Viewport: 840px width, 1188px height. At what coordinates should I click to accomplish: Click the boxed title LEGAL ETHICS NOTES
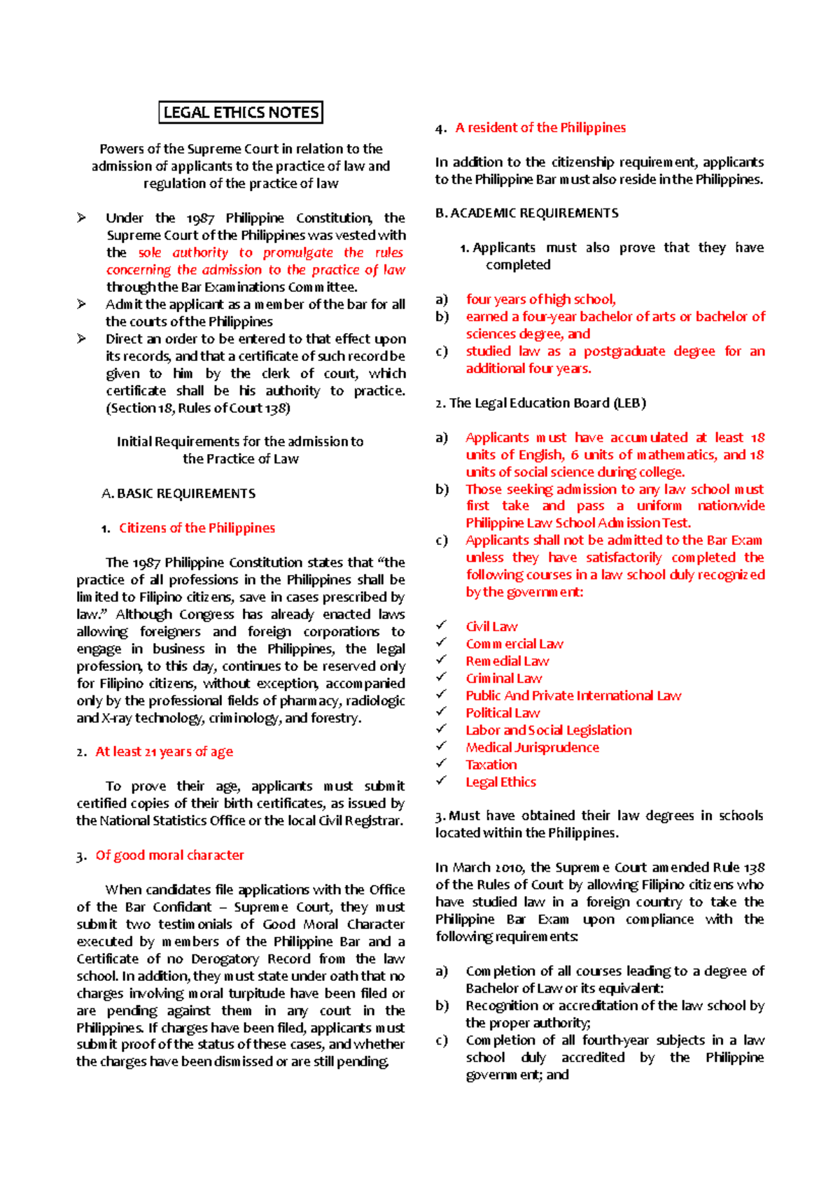tap(241, 113)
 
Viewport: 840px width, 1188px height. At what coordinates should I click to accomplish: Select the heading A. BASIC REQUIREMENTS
tap(178, 494)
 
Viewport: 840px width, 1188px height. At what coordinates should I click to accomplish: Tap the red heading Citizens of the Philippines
tap(197, 528)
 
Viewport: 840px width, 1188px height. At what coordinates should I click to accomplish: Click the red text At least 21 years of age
tap(164, 752)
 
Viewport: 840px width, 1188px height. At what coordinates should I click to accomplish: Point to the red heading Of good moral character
tap(169, 856)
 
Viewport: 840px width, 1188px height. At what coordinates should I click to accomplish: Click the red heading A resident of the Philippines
tap(540, 128)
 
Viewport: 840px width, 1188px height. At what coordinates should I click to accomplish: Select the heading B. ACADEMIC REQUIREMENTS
tap(526, 213)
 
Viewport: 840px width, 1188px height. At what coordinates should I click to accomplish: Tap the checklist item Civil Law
tap(491, 627)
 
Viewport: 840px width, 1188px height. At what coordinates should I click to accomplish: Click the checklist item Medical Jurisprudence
tap(532, 748)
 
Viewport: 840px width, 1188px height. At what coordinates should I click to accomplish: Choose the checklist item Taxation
tap(491, 765)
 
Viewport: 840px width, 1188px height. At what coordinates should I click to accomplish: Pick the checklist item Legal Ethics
tap(500, 783)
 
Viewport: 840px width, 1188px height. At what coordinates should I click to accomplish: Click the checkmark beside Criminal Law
tap(441, 677)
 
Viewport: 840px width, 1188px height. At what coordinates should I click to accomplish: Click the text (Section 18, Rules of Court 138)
tap(197, 409)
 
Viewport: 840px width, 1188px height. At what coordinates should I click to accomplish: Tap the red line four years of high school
tap(540, 299)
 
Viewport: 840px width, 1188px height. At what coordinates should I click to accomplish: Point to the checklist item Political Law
tap(503, 714)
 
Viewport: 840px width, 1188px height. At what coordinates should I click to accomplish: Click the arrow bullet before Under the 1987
tap(82, 218)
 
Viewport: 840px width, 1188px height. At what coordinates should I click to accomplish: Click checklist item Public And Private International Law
tap(573, 696)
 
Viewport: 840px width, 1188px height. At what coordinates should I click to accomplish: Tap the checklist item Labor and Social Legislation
tap(548, 730)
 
